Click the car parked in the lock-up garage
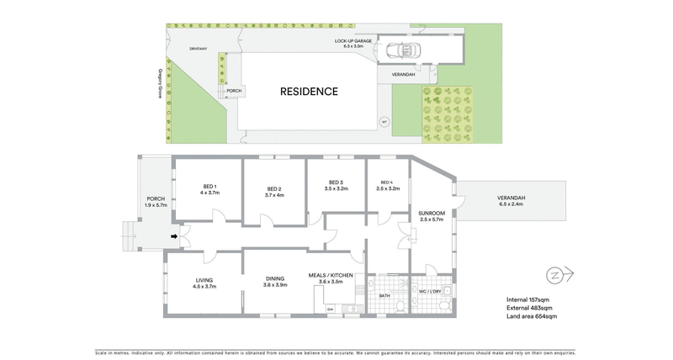pos(405,52)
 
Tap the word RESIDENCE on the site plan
pos(309,92)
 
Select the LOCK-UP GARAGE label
pos(353,40)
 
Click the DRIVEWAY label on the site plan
pos(198,49)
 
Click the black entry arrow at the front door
pos(175,236)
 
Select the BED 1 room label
pos(209,186)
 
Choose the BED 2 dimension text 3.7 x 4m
pos(274,195)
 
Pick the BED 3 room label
pos(336,183)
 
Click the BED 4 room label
pos(387,183)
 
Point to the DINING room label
pos(274,279)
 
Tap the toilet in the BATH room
pos(401,305)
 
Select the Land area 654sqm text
pos(532,316)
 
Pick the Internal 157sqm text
pos(527,299)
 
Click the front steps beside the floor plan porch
pos(129,236)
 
